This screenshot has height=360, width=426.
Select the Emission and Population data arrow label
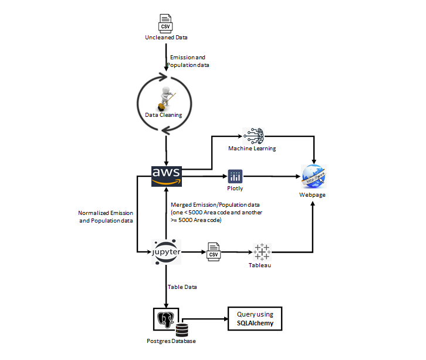188,61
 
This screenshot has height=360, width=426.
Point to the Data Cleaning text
164,115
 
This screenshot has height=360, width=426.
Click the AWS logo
167,174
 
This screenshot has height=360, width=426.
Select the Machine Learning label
252,149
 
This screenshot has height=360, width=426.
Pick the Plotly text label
235,189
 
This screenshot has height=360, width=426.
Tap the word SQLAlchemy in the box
255,324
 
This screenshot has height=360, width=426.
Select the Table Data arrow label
182,287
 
